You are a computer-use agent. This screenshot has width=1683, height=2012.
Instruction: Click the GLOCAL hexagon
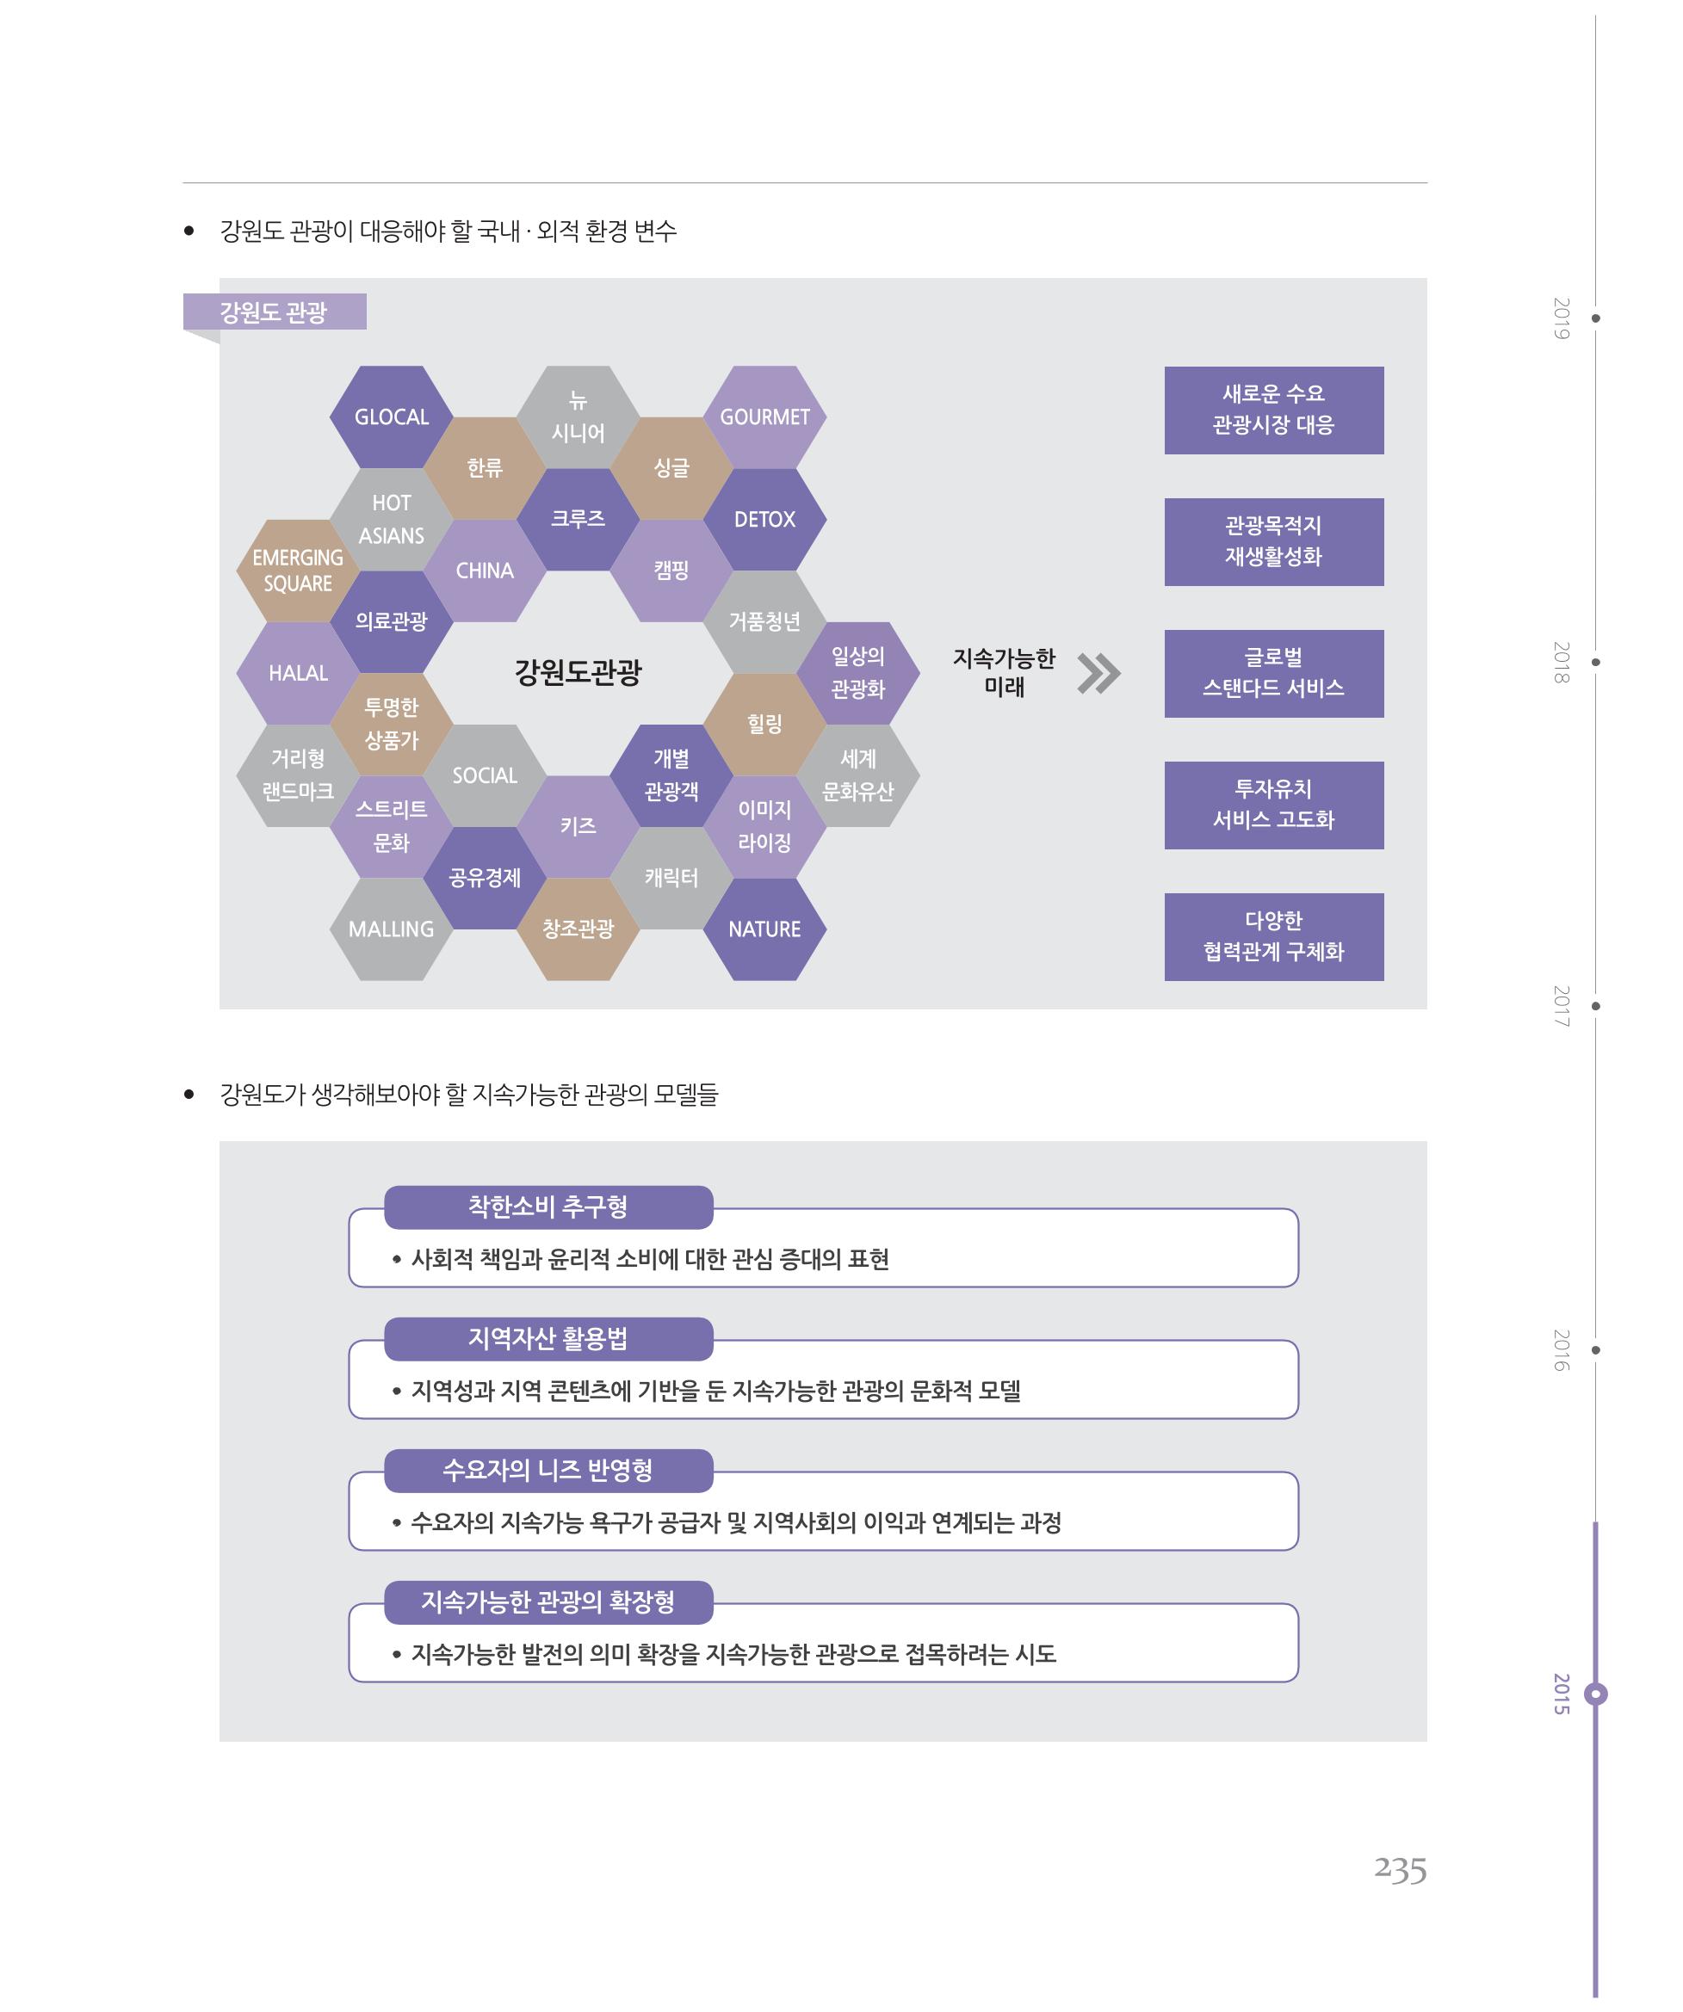click(391, 417)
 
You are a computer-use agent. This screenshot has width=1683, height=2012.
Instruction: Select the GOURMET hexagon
click(764, 417)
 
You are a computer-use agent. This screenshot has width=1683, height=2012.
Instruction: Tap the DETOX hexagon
click(764, 519)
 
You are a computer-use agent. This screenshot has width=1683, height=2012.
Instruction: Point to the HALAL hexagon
click(298, 674)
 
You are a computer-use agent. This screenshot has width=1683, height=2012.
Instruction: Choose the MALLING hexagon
click(391, 929)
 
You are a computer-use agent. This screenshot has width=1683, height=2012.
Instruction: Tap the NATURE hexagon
click(764, 929)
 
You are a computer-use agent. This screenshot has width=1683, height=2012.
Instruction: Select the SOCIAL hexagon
click(485, 776)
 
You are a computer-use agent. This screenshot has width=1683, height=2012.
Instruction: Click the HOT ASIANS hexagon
click(391, 519)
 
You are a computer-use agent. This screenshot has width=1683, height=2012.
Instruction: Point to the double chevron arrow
click(1098, 674)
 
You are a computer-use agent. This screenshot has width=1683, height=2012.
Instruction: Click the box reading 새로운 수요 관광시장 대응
click(1274, 410)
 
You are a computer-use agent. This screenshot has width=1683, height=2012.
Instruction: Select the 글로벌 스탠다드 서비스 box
click(1274, 674)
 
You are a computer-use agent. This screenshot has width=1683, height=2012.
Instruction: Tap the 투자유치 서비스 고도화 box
click(1274, 805)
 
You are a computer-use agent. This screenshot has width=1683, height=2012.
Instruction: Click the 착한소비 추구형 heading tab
click(548, 1207)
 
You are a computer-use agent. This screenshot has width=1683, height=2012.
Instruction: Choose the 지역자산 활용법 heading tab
click(548, 1338)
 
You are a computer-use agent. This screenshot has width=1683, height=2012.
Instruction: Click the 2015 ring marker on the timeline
click(1596, 1694)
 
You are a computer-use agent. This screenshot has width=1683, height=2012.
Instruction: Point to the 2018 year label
click(1562, 663)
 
